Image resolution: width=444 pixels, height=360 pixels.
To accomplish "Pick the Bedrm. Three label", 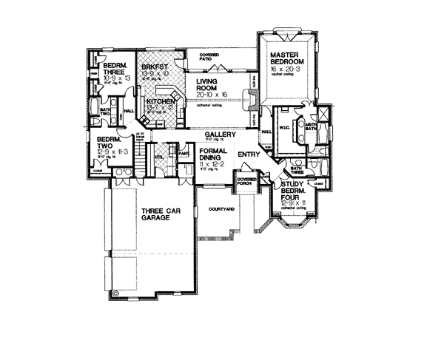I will pyautogui.click(x=117, y=69).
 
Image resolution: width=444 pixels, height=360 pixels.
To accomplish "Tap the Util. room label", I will pyautogui.click(x=158, y=157).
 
